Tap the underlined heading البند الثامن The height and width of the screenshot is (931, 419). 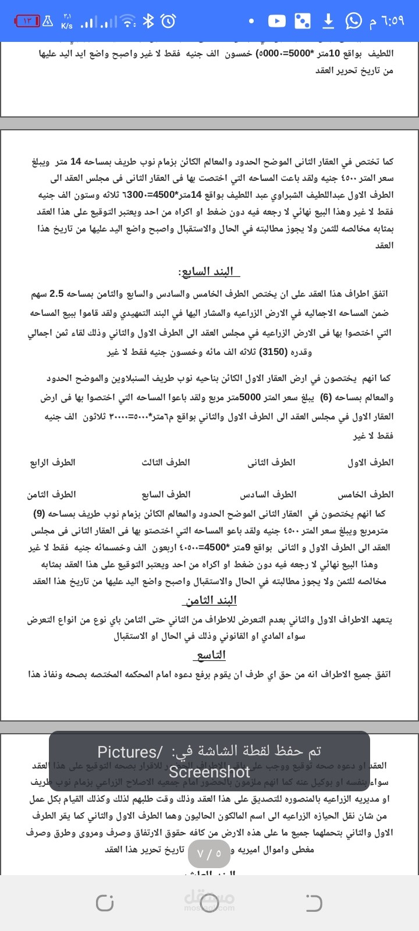[x=210, y=600]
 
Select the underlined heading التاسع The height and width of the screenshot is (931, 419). [x=210, y=655]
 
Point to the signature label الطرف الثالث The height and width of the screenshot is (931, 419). [x=166, y=463]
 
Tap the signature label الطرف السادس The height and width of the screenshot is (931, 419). [x=268, y=495]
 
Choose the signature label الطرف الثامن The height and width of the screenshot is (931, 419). [x=51, y=495]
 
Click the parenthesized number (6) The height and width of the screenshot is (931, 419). [x=326, y=398]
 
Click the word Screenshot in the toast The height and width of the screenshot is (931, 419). [x=210, y=772]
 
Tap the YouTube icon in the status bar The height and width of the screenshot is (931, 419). [x=276, y=21]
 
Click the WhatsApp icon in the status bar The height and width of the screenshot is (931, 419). [x=353, y=21]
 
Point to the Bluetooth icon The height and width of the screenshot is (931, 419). [x=148, y=22]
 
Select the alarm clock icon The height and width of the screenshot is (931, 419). [x=168, y=22]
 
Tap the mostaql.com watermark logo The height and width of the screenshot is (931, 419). [x=210, y=901]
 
